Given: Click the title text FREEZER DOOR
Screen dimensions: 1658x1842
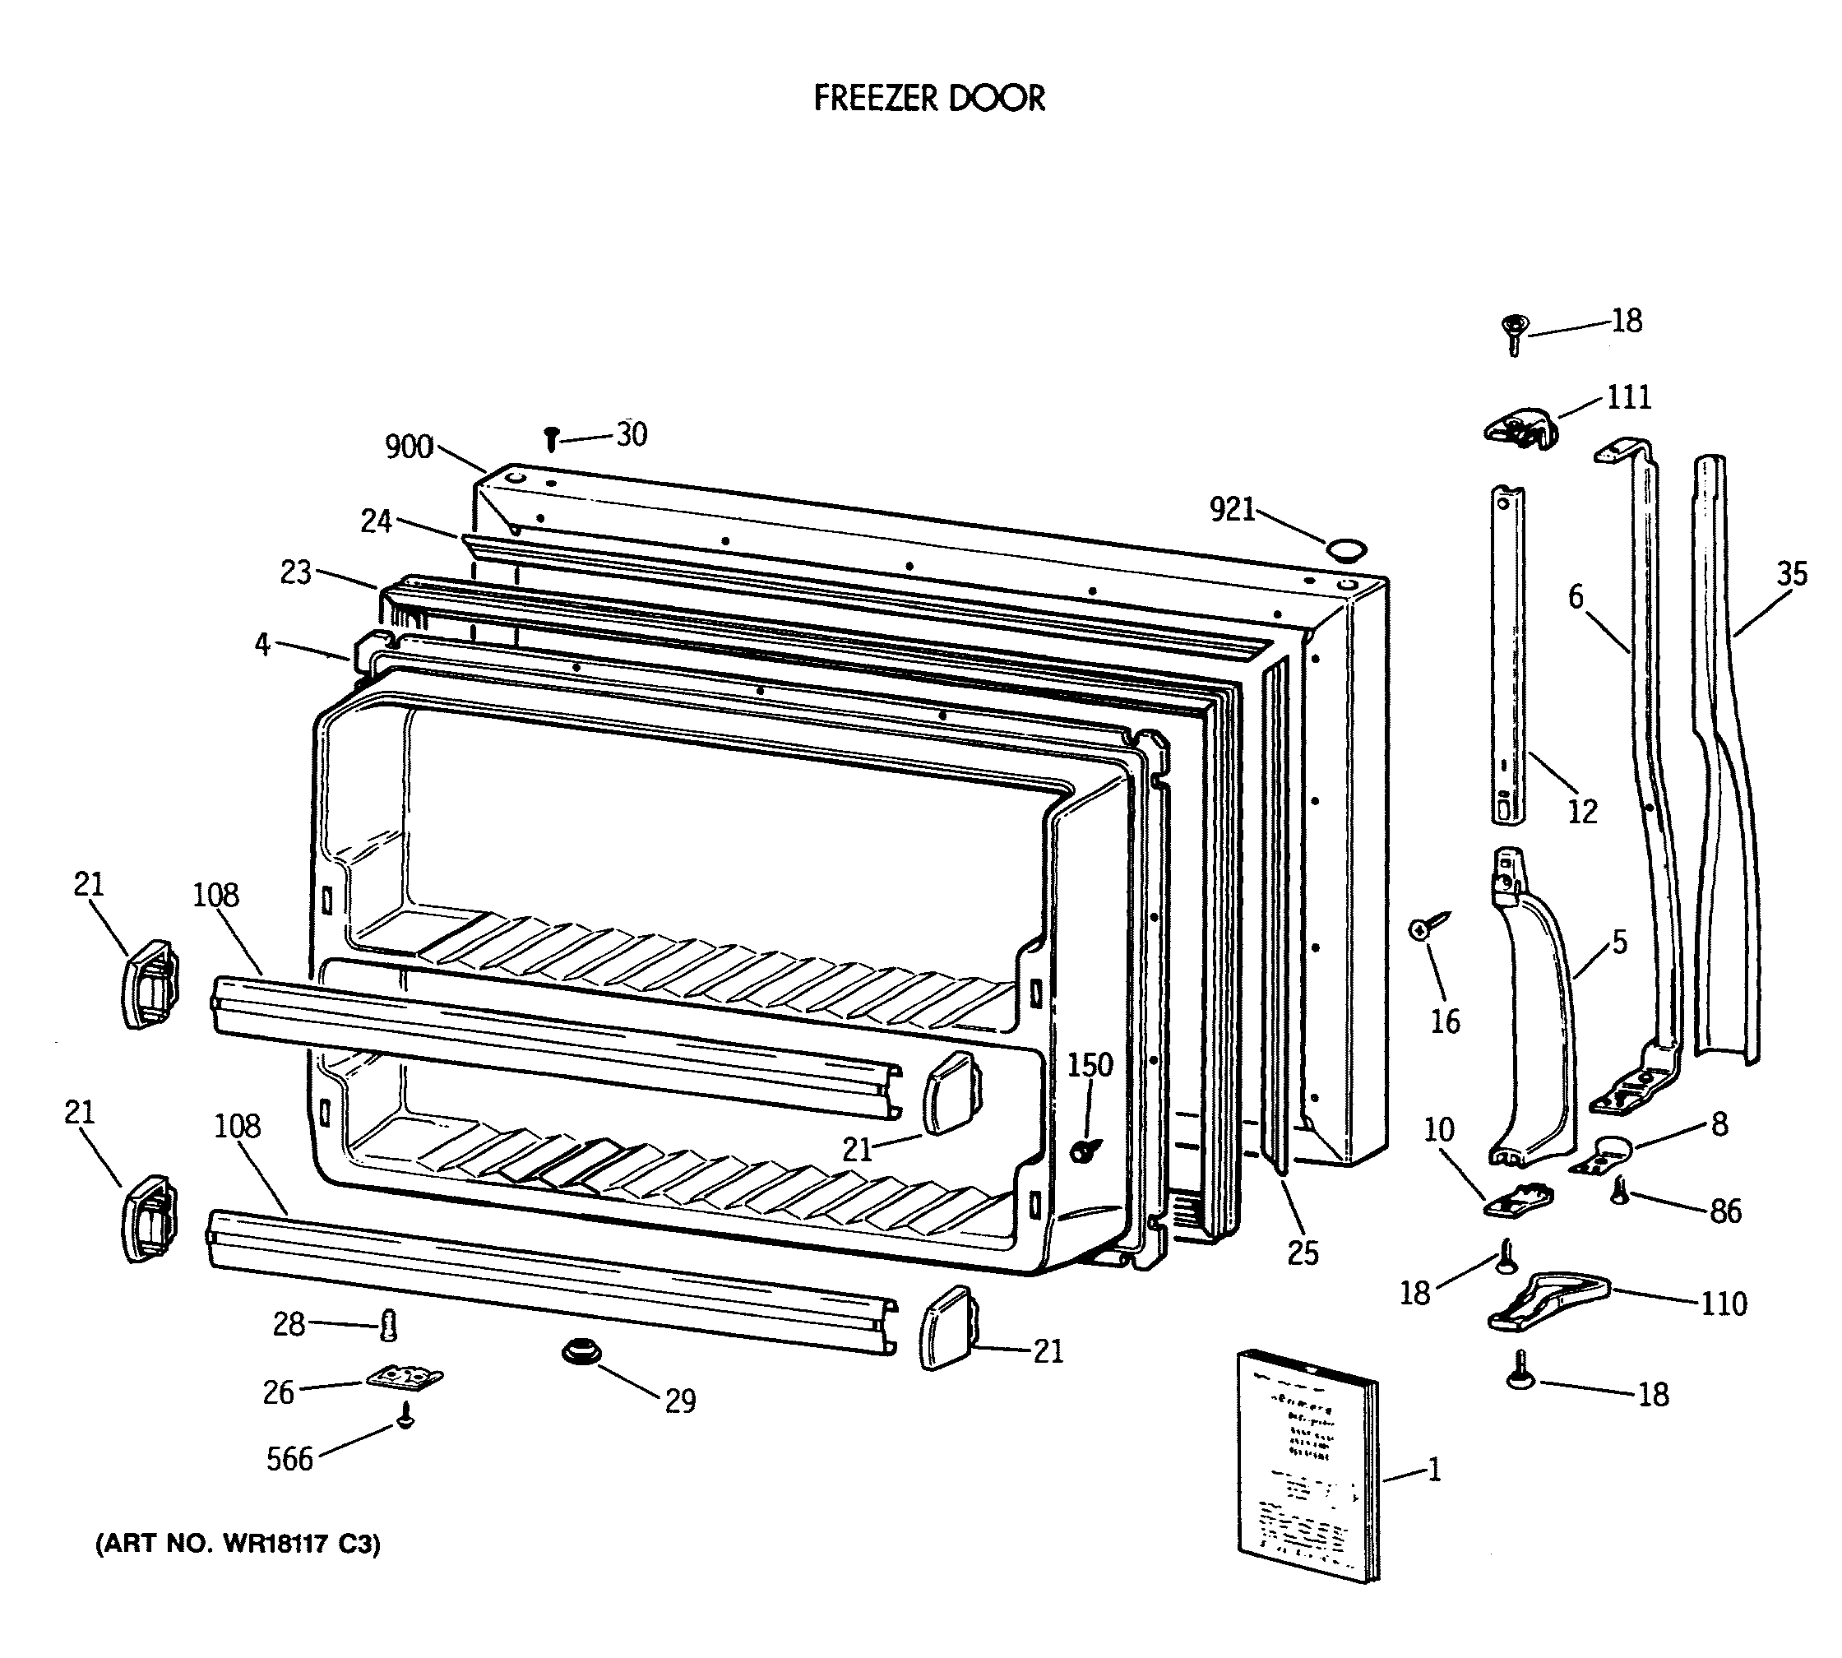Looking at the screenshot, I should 928,99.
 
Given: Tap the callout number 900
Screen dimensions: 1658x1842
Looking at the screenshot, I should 408,447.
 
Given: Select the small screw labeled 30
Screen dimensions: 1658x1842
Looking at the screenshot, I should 551,439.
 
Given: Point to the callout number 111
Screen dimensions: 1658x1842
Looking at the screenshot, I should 1628,397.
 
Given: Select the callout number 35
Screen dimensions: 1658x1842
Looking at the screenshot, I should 1791,574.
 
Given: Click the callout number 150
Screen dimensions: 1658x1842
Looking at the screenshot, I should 1090,1065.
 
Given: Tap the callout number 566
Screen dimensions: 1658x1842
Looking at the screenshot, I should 289,1460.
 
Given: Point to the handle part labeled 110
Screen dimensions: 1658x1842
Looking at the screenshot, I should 1548,1303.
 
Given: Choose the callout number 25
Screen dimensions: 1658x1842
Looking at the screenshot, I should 1303,1253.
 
